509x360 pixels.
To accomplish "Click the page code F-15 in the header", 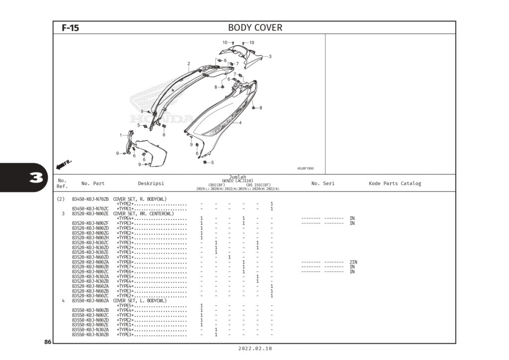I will [x=70, y=28].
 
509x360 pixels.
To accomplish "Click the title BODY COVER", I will [x=254, y=28].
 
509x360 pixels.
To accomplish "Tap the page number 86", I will [x=48, y=342].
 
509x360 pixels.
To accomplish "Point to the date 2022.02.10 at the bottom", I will [x=255, y=350].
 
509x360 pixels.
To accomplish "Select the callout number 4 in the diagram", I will [x=240, y=123].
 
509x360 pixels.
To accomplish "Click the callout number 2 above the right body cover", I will [x=189, y=64].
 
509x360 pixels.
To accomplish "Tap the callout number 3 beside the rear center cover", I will [x=270, y=56].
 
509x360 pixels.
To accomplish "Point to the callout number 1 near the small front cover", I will [x=120, y=135].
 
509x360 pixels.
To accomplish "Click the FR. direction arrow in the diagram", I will [x=65, y=163].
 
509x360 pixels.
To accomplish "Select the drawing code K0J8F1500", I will [x=305, y=169].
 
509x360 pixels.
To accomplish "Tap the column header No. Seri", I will [x=323, y=183].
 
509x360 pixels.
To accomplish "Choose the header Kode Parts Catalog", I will [x=395, y=183].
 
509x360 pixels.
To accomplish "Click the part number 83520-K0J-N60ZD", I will [x=90, y=257].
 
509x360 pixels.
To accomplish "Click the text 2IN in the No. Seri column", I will [x=353, y=262].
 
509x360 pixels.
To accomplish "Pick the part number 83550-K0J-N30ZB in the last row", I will [x=90, y=335].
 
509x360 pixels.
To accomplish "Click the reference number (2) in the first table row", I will [x=61, y=199].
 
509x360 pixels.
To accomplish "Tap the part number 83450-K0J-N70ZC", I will [x=90, y=209].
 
